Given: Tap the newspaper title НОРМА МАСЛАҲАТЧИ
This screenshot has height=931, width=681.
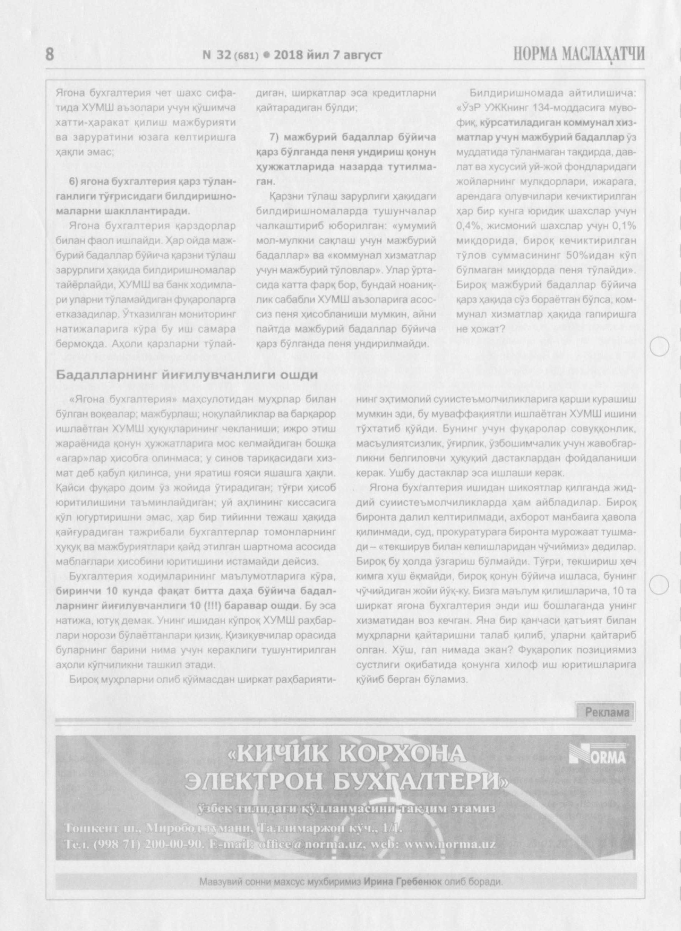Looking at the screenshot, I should coord(579,54).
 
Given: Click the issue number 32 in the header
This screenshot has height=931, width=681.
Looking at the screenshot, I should coord(223,55).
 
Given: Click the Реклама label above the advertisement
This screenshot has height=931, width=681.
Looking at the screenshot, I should coord(607,712).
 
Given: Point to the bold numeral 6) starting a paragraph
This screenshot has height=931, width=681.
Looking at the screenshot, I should coord(75,182).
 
